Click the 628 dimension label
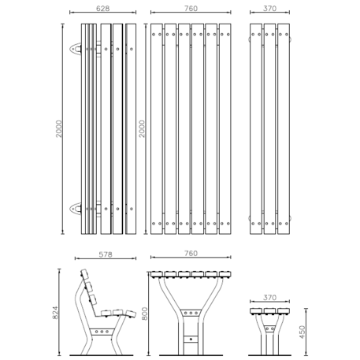pos(102,9)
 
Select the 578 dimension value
pos(106,254)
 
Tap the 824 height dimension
pos(55,313)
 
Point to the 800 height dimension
pos(144,314)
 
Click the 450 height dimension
pos(302,332)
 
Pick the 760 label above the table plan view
pos(191,9)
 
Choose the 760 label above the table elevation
pos(191,254)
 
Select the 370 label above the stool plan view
pos(269,9)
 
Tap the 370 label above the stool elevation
pos(269,298)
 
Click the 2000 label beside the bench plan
pos(59,128)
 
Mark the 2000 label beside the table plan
pos(142,128)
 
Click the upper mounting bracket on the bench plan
pos(76,49)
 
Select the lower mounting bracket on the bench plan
pos(76,209)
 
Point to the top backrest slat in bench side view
pos(84,274)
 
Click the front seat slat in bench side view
pos(131,314)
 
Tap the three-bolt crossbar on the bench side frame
pos(102,332)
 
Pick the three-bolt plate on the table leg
pos(191,313)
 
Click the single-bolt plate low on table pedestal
pos(191,339)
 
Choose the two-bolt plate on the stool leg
pos(269,328)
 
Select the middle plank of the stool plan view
pos(269,128)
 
